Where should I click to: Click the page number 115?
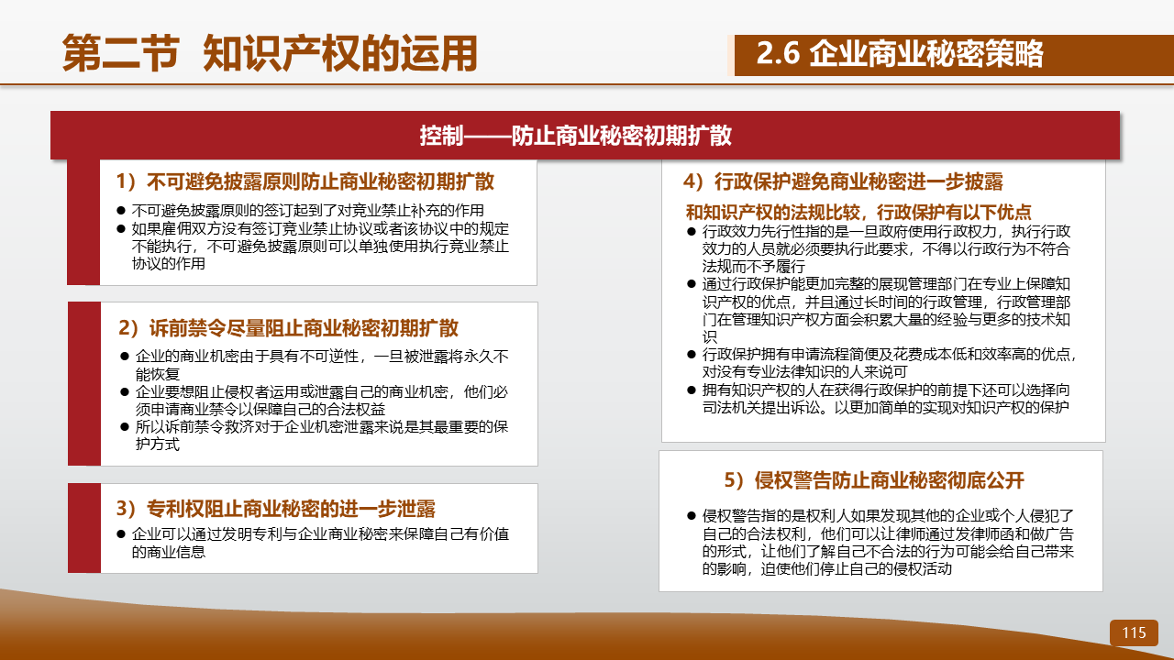point(1134,632)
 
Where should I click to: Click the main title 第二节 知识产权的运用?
point(270,53)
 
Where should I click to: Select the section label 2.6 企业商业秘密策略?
point(900,54)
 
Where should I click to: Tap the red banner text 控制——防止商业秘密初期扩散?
point(575,136)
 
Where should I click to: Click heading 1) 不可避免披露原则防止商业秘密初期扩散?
point(305,181)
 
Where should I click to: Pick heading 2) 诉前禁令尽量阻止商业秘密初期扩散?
point(288,328)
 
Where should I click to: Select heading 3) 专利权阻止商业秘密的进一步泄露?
point(276,509)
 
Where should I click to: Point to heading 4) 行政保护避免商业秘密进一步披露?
point(843,181)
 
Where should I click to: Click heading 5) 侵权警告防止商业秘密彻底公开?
point(874,480)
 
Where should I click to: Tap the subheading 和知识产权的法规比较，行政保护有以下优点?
point(858,212)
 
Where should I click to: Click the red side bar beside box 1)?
point(83,222)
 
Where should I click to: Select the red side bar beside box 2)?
point(84,384)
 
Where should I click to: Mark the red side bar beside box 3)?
point(84,528)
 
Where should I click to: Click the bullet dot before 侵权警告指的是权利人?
point(692,516)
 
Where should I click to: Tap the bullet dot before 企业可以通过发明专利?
point(121,534)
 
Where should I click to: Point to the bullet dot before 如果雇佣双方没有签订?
point(121,229)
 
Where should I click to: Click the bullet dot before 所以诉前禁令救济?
point(125,427)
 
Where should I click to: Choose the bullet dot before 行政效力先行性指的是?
point(692,232)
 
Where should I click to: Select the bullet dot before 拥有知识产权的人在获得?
point(692,390)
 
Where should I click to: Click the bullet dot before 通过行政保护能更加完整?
point(692,284)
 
